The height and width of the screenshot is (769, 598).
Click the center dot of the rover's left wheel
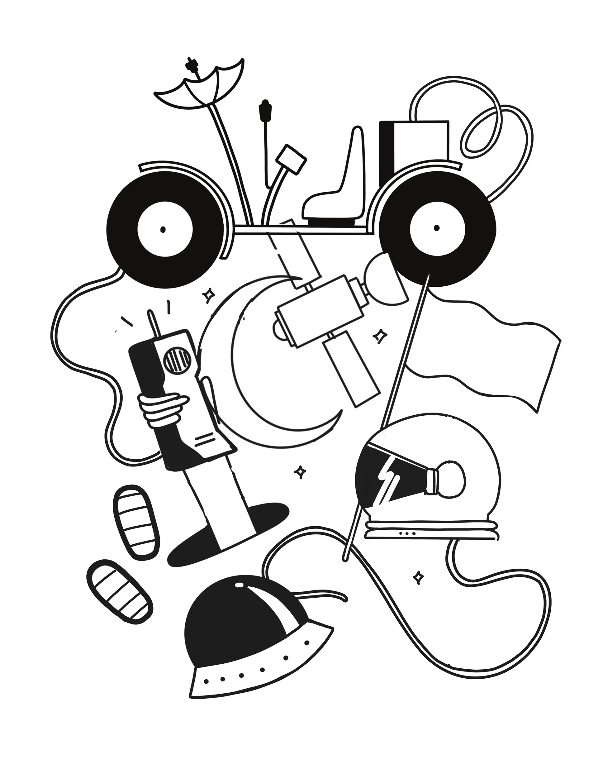pyautogui.click(x=163, y=230)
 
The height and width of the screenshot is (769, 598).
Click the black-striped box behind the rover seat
pyautogui.click(x=414, y=148)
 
